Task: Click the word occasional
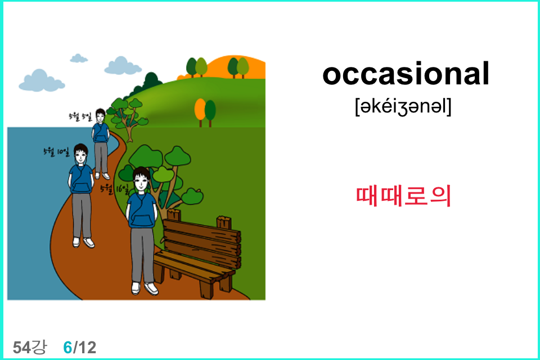(406, 74)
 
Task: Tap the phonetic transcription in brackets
(403, 107)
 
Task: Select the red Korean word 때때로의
(403, 196)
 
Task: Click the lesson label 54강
(29, 347)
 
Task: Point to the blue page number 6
(67, 348)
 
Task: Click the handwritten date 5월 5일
(80, 116)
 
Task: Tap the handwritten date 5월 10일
(56, 151)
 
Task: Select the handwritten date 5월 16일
(114, 189)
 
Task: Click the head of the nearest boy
(142, 179)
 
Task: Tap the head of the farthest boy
(100, 115)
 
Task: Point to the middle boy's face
(81, 157)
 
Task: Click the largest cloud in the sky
(41, 81)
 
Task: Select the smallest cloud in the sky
(79, 58)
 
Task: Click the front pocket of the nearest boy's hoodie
(142, 220)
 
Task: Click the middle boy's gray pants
(82, 215)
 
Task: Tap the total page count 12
(87, 348)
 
